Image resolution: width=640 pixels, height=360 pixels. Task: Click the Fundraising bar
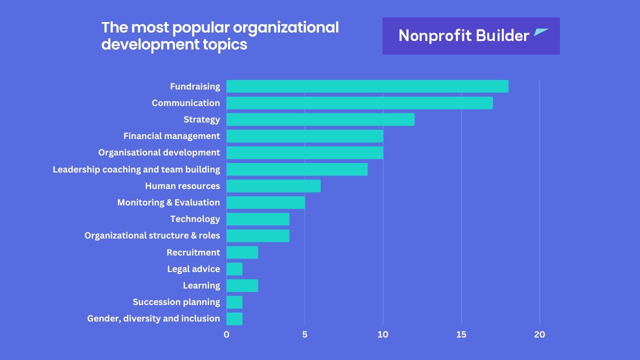[367, 86]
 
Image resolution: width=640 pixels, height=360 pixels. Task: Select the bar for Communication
[359, 103]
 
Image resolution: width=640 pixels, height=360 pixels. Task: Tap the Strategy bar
[320, 119]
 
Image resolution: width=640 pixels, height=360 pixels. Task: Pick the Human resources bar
[273, 186]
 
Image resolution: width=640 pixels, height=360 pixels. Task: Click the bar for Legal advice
[234, 269]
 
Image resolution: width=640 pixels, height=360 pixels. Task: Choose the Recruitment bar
[242, 252]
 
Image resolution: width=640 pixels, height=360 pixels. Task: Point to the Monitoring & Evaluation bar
[265, 202]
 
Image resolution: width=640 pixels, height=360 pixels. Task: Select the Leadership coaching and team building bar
[297, 169]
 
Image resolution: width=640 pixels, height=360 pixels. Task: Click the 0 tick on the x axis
[226, 334]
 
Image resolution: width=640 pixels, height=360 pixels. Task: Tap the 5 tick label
[304, 334]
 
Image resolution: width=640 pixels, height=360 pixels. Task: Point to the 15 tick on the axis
[461, 334]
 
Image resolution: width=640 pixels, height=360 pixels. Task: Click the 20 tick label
[539, 334]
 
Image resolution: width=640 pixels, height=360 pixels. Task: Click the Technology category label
[195, 219]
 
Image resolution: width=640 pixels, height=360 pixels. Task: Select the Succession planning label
[176, 302]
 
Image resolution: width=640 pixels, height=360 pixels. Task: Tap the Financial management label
[171, 136]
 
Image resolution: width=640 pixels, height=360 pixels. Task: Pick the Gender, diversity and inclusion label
[153, 318]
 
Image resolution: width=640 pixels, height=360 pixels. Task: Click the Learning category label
[201, 285]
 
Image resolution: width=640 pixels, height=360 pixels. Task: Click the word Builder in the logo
[502, 35]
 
